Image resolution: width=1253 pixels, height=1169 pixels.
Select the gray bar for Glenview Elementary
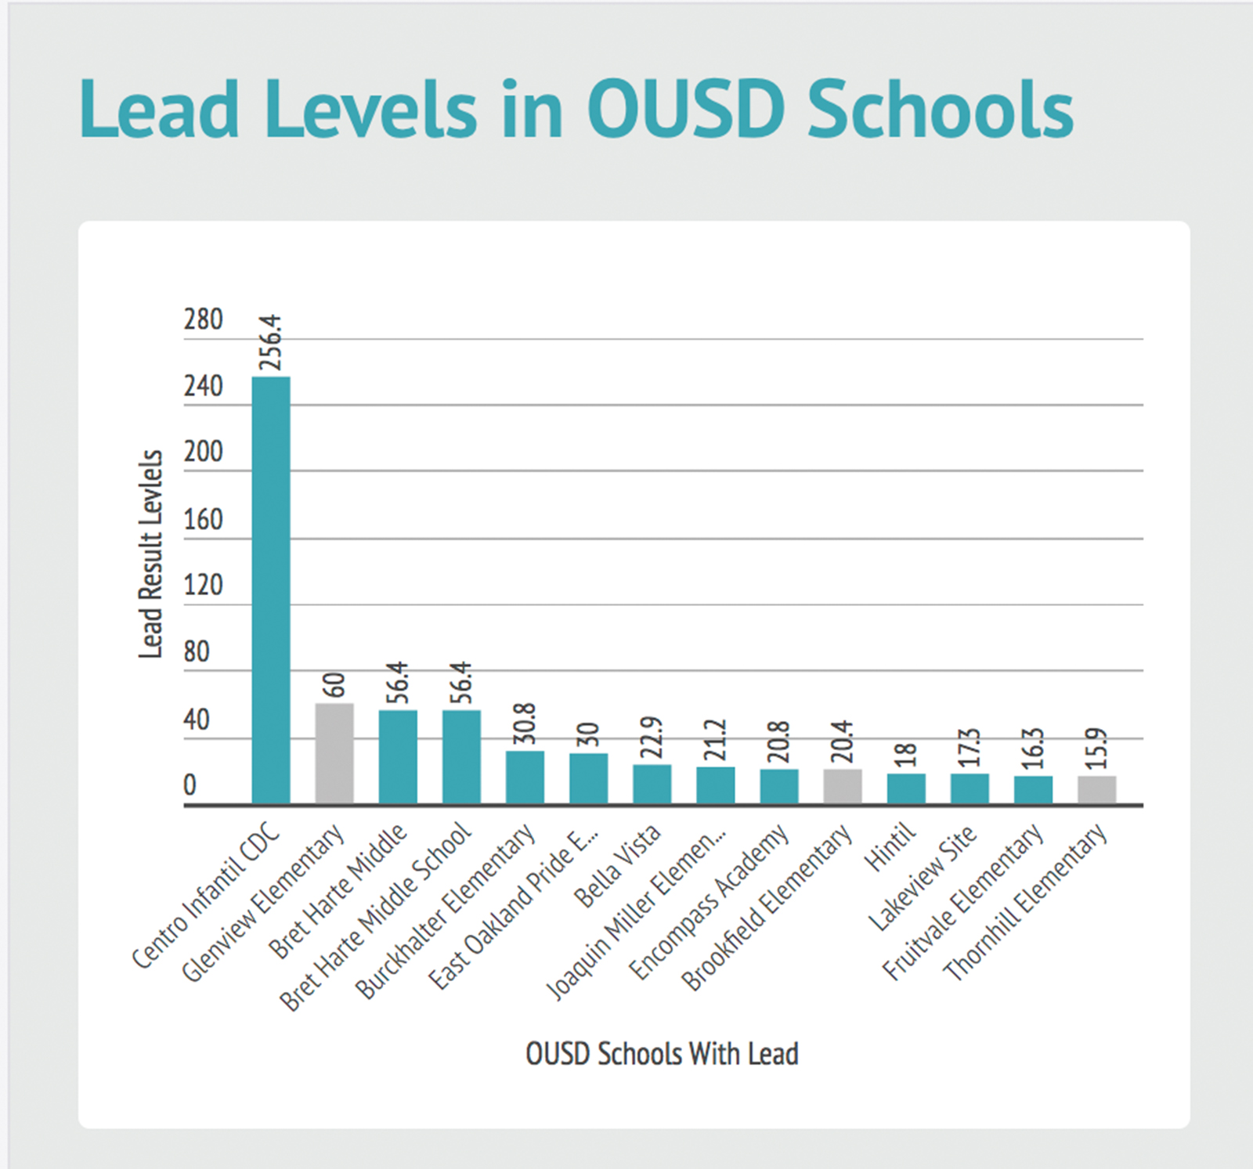334,753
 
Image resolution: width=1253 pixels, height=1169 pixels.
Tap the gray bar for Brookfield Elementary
842,786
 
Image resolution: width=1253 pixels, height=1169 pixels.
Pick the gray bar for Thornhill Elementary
1096,789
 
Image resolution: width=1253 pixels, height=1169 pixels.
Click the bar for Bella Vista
652,784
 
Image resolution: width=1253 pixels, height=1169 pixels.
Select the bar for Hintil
906,788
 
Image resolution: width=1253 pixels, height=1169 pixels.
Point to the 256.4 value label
270,342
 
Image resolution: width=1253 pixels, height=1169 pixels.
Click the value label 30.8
525,723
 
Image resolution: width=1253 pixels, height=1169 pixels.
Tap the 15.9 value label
1097,748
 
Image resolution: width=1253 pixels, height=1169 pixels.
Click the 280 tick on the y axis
203,319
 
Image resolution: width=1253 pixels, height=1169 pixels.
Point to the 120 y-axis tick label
203,585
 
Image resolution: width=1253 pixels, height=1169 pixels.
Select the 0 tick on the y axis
190,785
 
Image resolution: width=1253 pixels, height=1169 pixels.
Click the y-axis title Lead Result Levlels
150,554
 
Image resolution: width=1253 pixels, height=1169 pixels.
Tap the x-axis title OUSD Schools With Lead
662,1054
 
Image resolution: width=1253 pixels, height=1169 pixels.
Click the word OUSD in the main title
685,110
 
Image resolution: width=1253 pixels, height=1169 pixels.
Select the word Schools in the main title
940,110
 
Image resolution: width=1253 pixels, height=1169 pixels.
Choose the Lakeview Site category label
924,879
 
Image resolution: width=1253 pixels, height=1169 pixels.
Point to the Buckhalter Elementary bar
525,777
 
